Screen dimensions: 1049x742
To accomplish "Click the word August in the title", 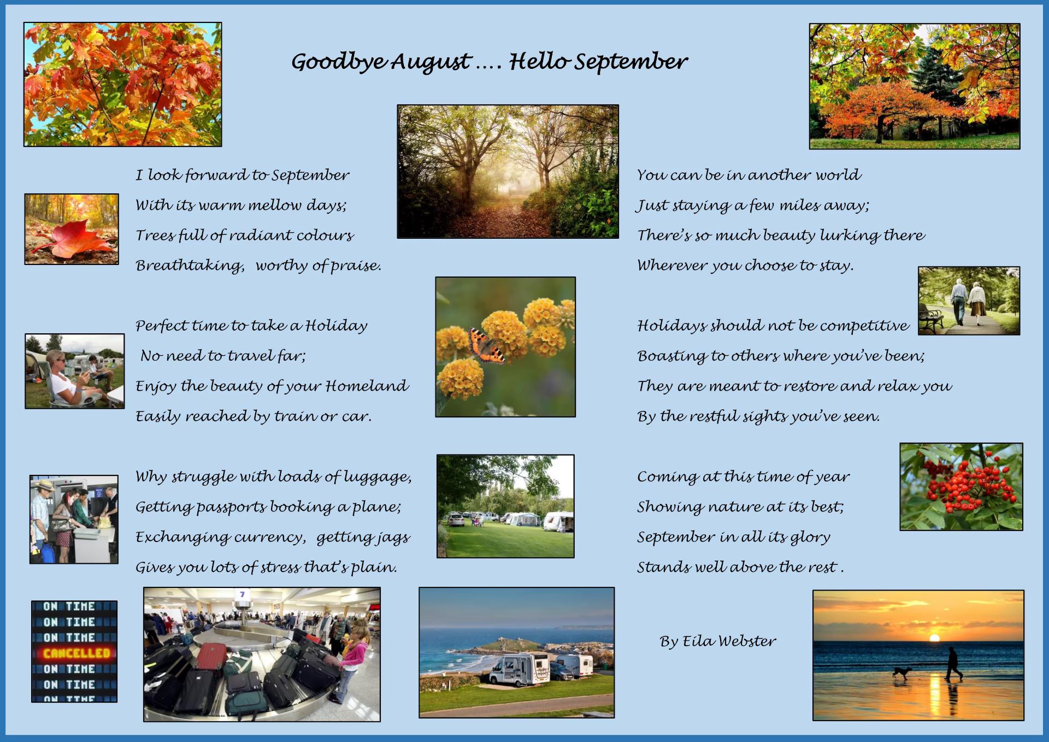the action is tap(431, 62).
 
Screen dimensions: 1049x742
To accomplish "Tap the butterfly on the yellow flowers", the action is tap(486, 346).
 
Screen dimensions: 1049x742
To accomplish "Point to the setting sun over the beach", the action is tap(934, 638).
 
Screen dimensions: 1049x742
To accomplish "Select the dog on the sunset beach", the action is tap(901, 673).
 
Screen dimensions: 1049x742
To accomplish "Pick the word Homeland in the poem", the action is tap(367, 386).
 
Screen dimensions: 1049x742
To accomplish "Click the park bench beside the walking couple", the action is tap(931, 316).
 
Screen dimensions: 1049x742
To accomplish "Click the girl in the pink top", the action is tap(350, 662).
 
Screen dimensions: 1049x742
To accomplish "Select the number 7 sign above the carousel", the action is tap(242, 594).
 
